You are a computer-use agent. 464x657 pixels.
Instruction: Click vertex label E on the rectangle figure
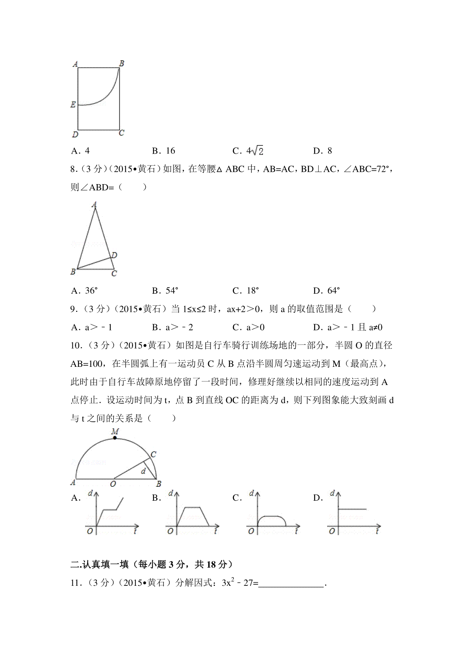[73, 104]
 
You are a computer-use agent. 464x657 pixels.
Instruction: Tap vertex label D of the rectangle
[75, 135]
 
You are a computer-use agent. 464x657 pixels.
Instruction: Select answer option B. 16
[164, 151]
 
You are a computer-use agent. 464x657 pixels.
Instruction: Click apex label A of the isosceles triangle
[94, 204]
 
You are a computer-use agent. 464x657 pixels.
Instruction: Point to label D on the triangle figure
[114, 255]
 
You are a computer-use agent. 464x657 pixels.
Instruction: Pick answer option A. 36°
[85, 291]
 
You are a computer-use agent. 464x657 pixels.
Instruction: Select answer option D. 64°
[327, 291]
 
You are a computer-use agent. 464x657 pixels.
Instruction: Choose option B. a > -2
[173, 327]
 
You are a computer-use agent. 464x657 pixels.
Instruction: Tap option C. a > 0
[249, 327]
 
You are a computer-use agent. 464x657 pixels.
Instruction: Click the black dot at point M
[115, 438]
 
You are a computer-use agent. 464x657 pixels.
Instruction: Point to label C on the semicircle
[154, 454]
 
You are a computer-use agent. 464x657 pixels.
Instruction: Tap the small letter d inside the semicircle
[143, 471]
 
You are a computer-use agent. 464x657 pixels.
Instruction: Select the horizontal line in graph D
[352, 509]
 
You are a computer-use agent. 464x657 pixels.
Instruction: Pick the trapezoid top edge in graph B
[193, 507]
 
